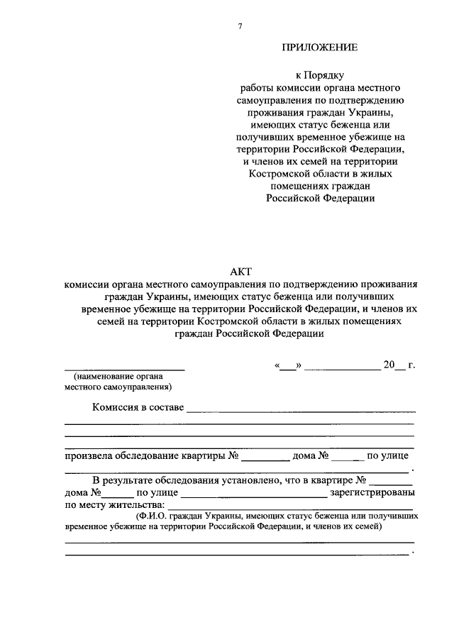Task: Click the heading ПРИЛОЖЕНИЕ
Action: point(320,48)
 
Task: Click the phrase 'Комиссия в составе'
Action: point(138,407)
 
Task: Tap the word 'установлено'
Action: point(245,480)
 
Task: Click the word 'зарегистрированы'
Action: point(373,492)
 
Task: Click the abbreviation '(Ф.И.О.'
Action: point(154,517)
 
